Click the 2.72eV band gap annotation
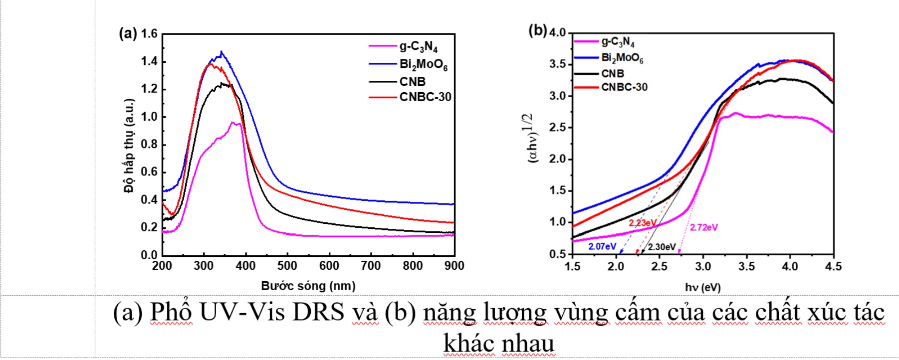703,227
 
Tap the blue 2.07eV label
602,246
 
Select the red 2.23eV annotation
642,223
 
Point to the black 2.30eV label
662,247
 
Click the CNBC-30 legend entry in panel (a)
425,97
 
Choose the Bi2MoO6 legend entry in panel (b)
622,58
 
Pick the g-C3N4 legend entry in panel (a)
418,47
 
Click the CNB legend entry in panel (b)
612,73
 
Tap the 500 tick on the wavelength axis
287,266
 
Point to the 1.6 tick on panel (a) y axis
149,34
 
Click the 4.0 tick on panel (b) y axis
557,33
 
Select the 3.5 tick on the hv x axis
746,266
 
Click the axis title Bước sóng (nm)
308,286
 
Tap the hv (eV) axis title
702,287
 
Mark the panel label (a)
127,33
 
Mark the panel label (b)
537,30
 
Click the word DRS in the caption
318,312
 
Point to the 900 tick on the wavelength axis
454,266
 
